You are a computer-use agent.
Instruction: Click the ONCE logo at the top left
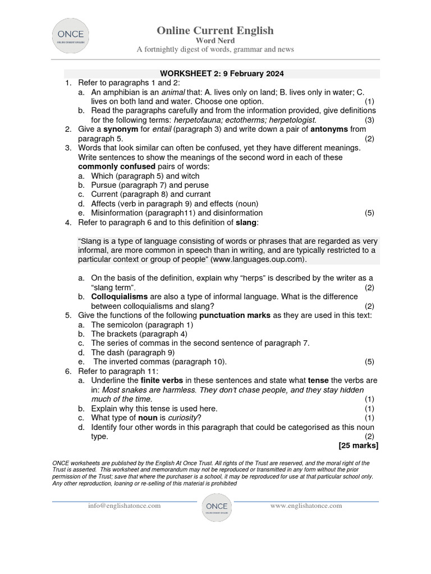coord(71,35)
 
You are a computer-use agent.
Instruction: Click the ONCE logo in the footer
coord(216,507)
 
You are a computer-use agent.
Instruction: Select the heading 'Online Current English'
coord(215,30)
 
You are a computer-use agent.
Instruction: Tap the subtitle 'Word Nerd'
coord(215,40)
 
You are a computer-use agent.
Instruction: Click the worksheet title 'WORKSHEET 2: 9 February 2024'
coord(222,73)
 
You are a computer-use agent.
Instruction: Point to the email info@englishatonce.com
coord(124,506)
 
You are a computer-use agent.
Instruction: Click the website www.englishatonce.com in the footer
coord(306,506)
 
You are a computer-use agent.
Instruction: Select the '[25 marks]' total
coord(359,446)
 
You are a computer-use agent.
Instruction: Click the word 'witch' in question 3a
coord(190,176)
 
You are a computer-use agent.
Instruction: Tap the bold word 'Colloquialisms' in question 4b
coord(120,297)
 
